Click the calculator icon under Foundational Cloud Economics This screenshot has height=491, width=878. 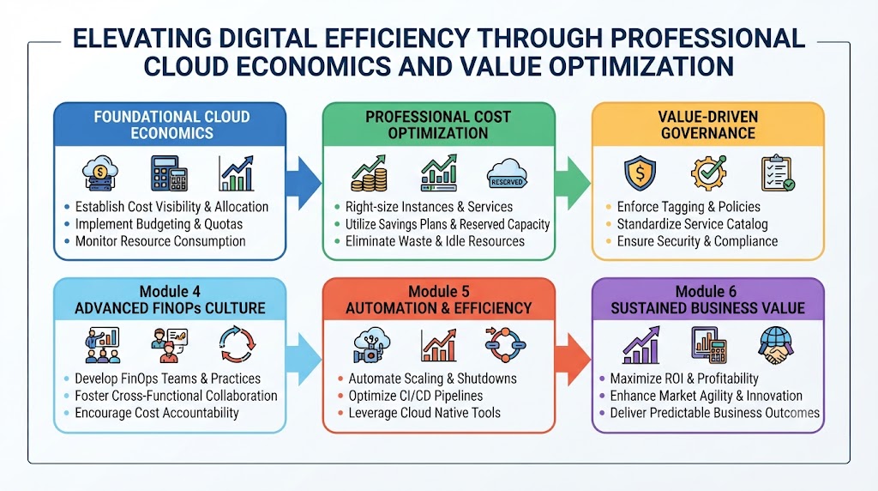(x=169, y=173)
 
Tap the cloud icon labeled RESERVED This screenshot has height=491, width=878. (x=507, y=173)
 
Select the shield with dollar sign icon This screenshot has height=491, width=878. (x=640, y=173)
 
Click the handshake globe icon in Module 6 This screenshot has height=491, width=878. (x=775, y=345)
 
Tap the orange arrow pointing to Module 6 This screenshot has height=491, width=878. (x=572, y=360)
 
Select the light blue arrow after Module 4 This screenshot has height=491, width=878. (x=303, y=360)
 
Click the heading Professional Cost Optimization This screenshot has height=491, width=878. (x=438, y=125)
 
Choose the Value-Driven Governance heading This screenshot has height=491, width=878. (x=707, y=125)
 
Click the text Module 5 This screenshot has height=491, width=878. (x=438, y=292)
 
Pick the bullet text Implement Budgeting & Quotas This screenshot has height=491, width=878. (x=159, y=224)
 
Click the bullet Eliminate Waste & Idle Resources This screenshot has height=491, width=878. (x=435, y=241)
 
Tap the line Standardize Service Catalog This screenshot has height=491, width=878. (x=692, y=224)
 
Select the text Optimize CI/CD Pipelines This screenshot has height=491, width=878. (x=416, y=396)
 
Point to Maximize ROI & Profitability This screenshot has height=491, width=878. (x=684, y=379)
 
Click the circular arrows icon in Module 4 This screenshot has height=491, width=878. (x=238, y=344)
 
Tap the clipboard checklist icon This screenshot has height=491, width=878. (x=778, y=173)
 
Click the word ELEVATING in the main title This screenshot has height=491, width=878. (x=142, y=39)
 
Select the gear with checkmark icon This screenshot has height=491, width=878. (x=708, y=173)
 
